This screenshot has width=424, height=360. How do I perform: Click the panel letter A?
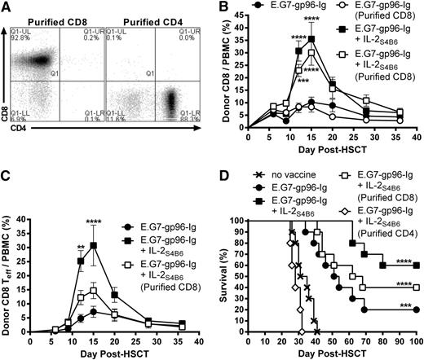click(x=7, y=7)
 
